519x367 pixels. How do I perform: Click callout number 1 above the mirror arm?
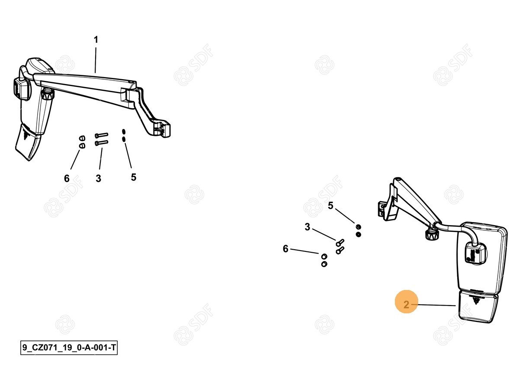tap(96, 40)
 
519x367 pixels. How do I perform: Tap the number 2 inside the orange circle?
tap(406, 305)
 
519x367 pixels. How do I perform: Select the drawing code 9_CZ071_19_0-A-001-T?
tap(69, 348)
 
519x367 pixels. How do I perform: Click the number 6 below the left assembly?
tap(67, 178)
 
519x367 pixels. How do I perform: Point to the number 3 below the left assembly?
tap(99, 178)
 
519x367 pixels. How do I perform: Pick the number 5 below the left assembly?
tap(134, 177)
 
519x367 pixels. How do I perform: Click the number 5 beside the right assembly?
tap(330, 206)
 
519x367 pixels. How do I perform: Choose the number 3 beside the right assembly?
tap(307, 227)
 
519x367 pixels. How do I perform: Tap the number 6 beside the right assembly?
tap(285, 249)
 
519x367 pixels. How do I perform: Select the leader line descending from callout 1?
tap(95, 60)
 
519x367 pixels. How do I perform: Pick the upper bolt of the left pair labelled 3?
tap(101, 135)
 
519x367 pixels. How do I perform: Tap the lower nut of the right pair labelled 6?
tap(324, 264)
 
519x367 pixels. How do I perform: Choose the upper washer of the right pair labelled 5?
tap(358, 227)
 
